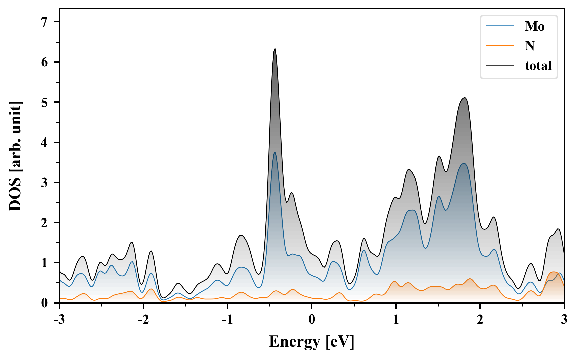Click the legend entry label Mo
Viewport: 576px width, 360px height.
coord(534,26)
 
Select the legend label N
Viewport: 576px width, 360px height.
coord(530,46)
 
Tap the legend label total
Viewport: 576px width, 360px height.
coord(538,66)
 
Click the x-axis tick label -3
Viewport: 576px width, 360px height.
coord(59,319)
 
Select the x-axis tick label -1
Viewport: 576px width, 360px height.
coord(227,319)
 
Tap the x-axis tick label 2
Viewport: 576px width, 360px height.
coord(480,319)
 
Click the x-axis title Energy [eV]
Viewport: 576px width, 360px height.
coord(311,342)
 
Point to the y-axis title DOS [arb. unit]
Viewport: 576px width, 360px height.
coord(15,156)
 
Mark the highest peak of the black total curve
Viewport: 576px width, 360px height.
coord(275,49)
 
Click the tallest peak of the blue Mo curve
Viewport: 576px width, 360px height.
coord(275,152)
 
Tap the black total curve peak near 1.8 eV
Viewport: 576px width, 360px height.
coord(464,98)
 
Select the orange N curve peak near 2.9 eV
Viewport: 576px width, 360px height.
coord(554,272)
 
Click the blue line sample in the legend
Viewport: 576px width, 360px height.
coord(500,26)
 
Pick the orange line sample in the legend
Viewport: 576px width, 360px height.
coord(500,46)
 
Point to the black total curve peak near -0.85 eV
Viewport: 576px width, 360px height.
coord(241,235)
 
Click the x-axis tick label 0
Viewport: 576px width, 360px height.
coord(312,319)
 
